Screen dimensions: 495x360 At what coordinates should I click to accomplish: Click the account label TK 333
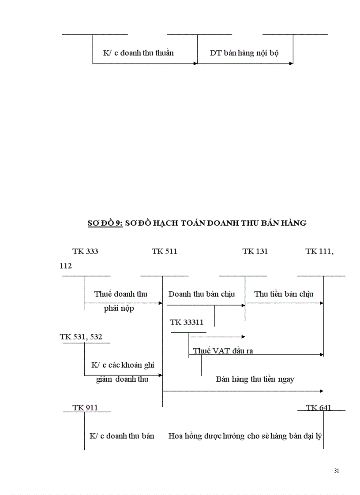tap(85, 251)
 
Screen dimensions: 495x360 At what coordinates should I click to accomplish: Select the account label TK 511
tap(164, 251)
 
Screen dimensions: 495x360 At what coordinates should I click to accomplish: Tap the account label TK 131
tap(255, 251)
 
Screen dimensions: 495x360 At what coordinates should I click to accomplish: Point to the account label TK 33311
tap(187, 322)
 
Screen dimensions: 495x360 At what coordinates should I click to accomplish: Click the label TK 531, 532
tap(81, 337)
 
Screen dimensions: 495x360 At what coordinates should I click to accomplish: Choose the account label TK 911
tap(85, 408)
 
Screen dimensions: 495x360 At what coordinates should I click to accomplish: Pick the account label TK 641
tap(319, 408)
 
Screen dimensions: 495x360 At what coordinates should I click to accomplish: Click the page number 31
tap(337, 471)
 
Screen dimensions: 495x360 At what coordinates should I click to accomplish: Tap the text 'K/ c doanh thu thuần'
tap(138, 53)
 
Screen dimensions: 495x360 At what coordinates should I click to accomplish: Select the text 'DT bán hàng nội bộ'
tap(244, 53)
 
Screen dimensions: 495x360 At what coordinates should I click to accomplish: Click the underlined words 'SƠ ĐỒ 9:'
tap(105, 223)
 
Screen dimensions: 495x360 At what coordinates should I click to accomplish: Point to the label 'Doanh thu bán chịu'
tap(202, 294)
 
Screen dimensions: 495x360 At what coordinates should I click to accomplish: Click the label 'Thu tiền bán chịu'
tap(284, 294)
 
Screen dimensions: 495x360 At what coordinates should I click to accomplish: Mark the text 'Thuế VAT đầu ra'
tap(223, 351)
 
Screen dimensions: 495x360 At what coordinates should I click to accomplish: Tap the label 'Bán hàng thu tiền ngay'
tap(255, 379)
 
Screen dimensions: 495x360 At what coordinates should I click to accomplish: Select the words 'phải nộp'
tap(119, 308)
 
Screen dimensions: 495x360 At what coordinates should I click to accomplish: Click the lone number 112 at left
tap(66, 266)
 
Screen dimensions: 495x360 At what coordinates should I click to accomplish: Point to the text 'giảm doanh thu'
tap(122, 379)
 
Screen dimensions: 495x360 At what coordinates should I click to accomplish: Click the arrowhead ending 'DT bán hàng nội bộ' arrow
tap(291, 63)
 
